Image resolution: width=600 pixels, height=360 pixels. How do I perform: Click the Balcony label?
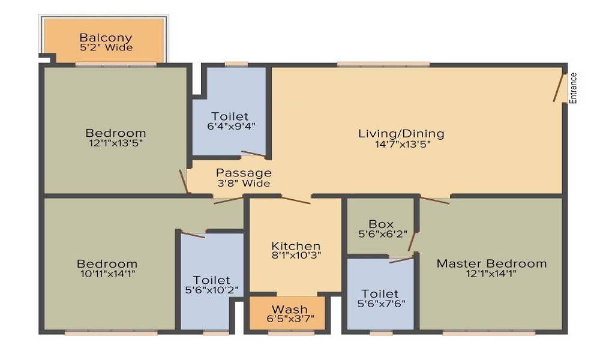click(106, 37)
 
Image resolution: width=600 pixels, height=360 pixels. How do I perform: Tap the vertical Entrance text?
click(573, 88)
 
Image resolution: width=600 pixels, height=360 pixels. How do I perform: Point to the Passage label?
click(244, 173)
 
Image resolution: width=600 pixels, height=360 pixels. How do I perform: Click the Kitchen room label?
click(296, 246)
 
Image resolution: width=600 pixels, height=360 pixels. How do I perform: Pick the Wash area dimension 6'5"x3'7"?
click(286, 318)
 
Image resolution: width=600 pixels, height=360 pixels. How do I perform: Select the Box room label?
click(381, 224)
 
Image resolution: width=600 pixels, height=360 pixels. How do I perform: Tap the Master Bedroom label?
click(491, 263)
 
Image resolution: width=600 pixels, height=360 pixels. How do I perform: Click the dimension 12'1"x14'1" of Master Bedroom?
click(491, 274)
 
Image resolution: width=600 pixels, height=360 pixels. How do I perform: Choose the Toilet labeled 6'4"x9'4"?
click(229, 116)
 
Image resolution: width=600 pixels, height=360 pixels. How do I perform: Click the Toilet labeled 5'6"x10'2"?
click(211, 280)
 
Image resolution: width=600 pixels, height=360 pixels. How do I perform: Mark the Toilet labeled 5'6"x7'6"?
click(380, 294)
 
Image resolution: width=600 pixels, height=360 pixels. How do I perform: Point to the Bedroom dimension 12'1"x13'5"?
click(115, 143)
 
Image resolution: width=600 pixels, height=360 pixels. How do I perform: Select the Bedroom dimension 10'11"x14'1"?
click(107, 274)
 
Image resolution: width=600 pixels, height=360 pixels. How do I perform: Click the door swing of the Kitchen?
click(295, 200)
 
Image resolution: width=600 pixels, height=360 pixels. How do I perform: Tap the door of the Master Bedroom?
click(435, 200)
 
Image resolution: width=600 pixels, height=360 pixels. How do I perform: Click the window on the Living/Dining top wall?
click(383, 64)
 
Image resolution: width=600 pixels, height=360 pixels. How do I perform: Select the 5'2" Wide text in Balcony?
click(106, 47)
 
